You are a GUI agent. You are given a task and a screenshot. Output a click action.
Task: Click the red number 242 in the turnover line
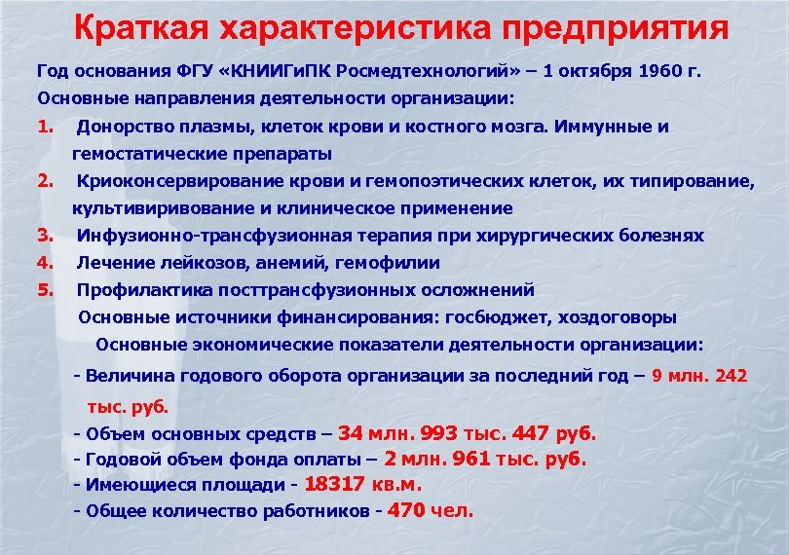click(x=731, y=375)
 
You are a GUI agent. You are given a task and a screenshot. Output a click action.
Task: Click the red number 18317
click(x=336, y=483)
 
